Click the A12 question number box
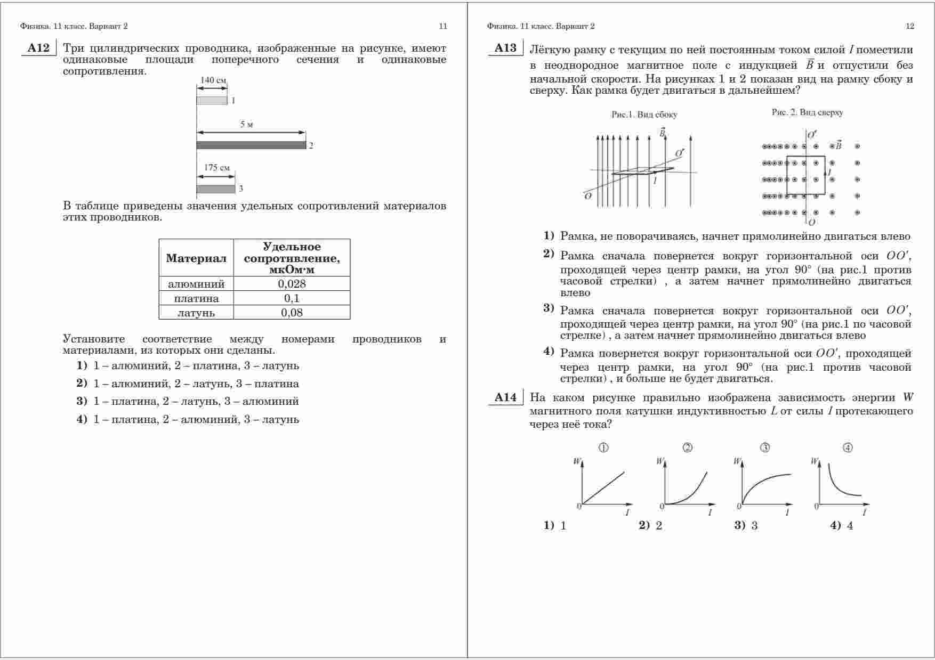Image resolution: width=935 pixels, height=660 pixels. pyautogui.click(x=38, y=48)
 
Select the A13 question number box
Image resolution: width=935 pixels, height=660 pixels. pyautogui.click(x=505, y=48)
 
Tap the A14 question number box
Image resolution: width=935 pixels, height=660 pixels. pyautogui.click(x=505, y=397)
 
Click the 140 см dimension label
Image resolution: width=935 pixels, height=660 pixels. pyautogui.click(x=213, y=80)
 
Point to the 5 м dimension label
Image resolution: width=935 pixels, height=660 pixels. pyautogui.click(x=246, y=125)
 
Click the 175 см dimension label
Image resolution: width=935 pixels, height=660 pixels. pyautogui.click(x=217, y=168)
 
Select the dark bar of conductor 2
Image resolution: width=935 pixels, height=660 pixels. pyautogui.click(x=251, y=145)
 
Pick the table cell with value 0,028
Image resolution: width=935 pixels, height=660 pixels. pyautogui.click(x=292, y=284)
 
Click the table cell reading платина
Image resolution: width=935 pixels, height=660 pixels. pyautogui.click(x=196, y=298)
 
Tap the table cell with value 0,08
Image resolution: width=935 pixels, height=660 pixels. pyautogui.click(x=292, y=313)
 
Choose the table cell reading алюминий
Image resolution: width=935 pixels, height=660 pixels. pyautogui.click(x=196, y=284)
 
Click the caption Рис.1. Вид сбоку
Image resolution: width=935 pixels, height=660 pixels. pyautogui.click(x=644, y=115)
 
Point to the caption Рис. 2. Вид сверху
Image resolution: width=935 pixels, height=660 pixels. pyautogui.click(x=807, y=112)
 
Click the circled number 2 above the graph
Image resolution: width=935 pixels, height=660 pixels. pyautogui.click(x=688, y=448)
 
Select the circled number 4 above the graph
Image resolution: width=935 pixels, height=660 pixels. pyautogui.click(x=848, y=448)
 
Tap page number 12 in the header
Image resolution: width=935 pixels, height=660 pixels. pyautogui.click(x=910, y=26)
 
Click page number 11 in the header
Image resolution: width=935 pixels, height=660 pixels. pyautogui.click(x=443, y=26)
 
